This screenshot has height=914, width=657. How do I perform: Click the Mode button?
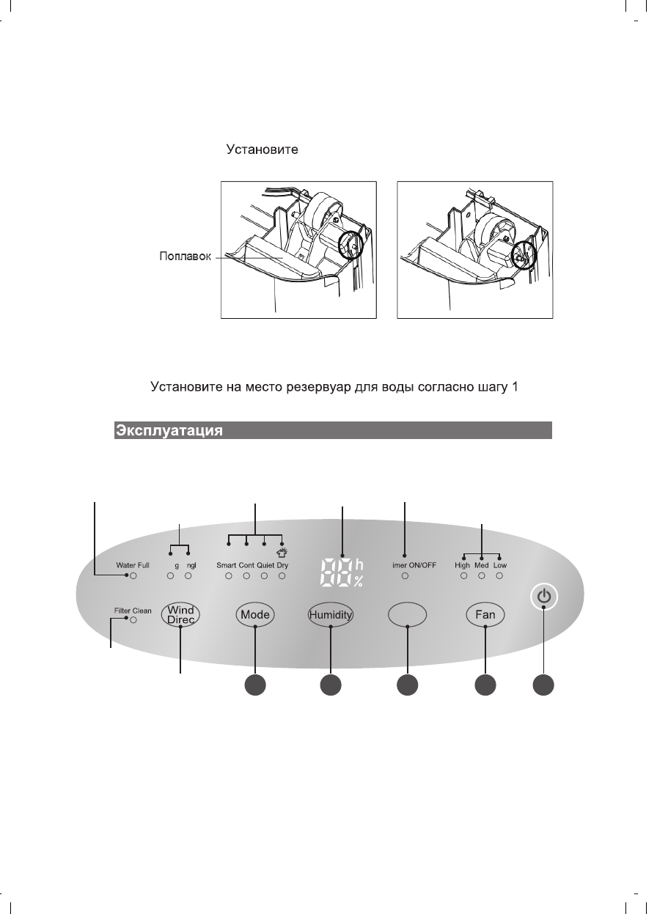[x=255, y=615]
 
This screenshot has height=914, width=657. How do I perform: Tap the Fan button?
[x=485, y=615]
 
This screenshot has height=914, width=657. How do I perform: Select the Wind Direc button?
[x=180, y=615]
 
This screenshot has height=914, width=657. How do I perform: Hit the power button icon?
[x=543, y=597]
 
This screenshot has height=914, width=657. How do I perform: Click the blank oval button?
[x=407, y=616]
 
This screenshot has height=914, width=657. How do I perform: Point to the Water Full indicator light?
[x=133, y=577]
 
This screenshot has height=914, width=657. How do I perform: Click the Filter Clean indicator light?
[x=133, y=619]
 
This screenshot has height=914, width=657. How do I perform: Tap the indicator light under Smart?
[x=229, y=577]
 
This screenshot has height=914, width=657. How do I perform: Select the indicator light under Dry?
[x=282, y=577]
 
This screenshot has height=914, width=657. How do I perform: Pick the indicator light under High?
[x=463, y=577]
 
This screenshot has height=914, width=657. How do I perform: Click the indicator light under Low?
[x=500, y=577]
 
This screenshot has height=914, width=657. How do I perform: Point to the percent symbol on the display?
[x=359, y=583]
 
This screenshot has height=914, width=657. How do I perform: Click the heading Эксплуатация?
[x=168, y=430]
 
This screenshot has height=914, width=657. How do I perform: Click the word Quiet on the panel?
[x=265, y=566]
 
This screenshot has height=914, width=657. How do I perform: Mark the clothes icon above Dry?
[x=282, y=554]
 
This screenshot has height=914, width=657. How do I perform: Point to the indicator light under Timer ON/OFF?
[x=405, y=577]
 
